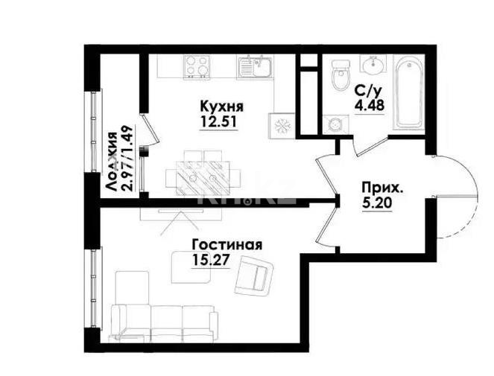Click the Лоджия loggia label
click(x=111, y=162)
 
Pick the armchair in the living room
click(x=253, y=275)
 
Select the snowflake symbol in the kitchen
click(x=284, y=124)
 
